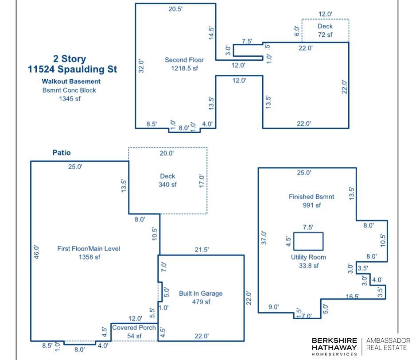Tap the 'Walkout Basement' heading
point(71,81)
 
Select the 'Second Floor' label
point(184,60)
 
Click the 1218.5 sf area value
point(184,68)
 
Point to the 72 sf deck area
point(325,35)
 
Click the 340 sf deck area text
point(167,185)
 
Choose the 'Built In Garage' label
point(201,294)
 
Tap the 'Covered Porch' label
point(134,328)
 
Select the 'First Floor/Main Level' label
point(89,248)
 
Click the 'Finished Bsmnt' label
point(311,197)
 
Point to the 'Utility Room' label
point(308,257)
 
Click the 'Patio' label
point(62,153)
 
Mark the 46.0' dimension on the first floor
point(36,252)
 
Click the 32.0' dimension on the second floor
point(141,66)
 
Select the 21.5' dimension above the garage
point(202,250)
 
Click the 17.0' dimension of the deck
point(202,181)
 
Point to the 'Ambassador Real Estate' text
point(388,344)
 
